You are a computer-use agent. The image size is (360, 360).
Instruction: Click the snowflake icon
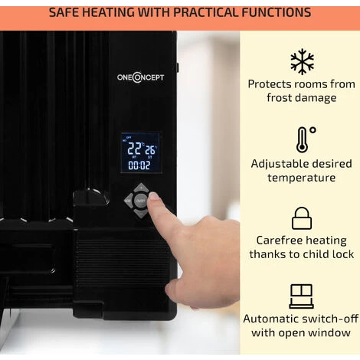(302, 61)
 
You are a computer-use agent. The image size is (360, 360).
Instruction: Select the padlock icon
(302, 218)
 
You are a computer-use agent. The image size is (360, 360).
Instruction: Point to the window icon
(302, 296)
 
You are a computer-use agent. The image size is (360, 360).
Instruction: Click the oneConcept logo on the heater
(140, 77)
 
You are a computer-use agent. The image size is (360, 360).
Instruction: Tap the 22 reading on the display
(134, 149)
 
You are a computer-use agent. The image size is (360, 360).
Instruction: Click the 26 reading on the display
(150, 150)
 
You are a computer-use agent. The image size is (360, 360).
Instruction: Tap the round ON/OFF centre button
(140, 201)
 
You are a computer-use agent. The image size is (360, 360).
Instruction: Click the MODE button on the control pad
(128, 201)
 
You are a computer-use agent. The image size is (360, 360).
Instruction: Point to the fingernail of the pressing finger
(154, 196)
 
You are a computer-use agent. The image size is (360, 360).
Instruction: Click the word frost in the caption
(279, 98)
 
